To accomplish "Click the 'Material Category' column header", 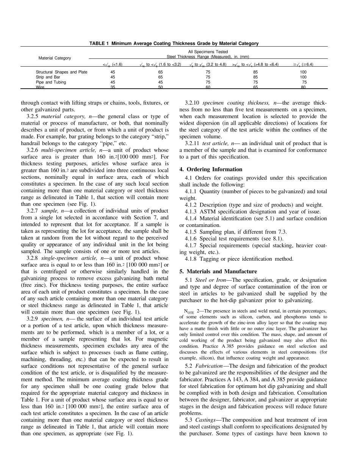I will pos(55,58).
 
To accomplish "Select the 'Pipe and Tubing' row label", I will pos(51,82).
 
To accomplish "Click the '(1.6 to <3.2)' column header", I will pos(160,65).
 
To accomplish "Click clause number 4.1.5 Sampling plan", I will pos(191,232).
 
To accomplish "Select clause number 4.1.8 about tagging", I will pos(191,259).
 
